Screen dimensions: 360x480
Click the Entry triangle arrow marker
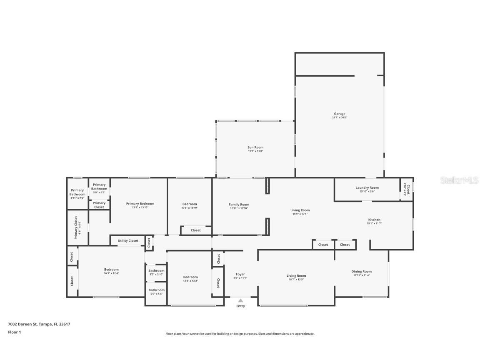(240, 300)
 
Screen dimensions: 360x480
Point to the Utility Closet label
(128, 240)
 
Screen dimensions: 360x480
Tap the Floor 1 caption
(14, 332)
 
